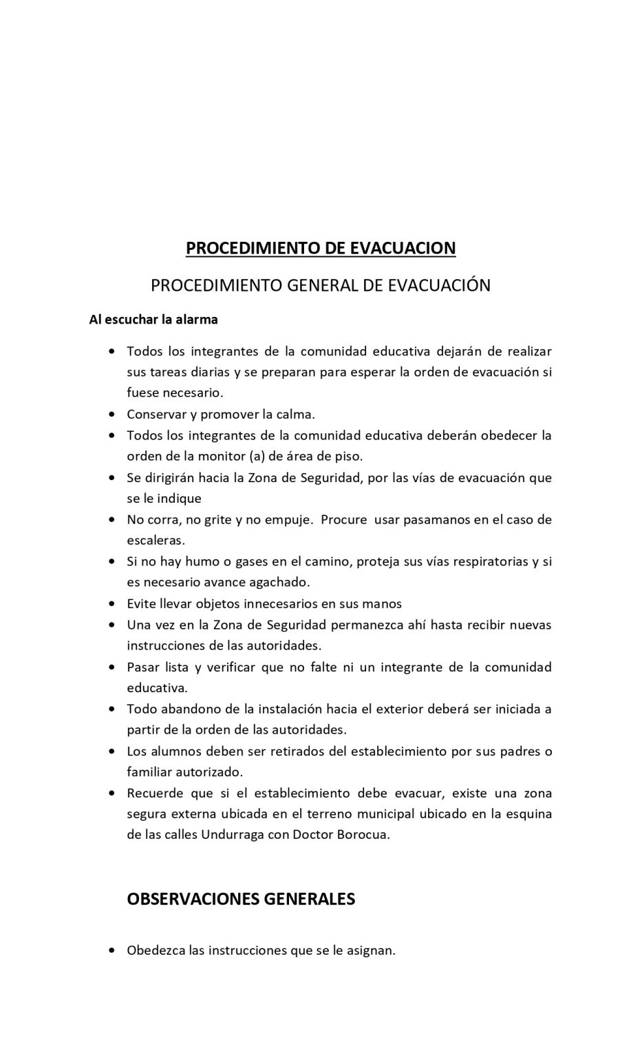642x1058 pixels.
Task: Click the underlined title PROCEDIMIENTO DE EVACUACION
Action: tap(321, 248)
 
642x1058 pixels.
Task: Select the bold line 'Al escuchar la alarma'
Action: tap(153, 320)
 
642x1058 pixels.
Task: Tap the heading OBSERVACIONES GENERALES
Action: tap(241, 899)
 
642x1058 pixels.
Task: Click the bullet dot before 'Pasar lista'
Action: tap(112, 667)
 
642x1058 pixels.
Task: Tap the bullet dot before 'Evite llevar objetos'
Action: tap(112, 604)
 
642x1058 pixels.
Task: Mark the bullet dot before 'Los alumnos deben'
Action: tap(112, 751)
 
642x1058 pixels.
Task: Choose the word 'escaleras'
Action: tap(156, 541)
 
